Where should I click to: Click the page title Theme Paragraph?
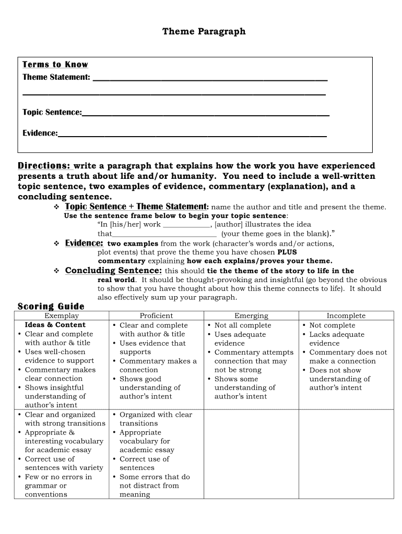204,32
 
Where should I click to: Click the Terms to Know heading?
55,65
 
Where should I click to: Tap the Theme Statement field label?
56,77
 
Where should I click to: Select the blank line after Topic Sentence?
206,113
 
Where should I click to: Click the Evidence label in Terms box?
40,133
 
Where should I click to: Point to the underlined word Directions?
44,166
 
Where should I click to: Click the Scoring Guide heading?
51,306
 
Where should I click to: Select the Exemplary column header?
62,316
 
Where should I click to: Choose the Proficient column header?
156,316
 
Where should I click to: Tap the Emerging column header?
251,316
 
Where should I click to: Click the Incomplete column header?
346,316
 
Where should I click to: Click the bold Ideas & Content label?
55,325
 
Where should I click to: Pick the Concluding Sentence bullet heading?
113,271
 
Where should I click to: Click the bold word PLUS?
287,252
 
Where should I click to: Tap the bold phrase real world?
116,280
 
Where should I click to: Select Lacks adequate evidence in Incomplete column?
337,338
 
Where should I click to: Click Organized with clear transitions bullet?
155,419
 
